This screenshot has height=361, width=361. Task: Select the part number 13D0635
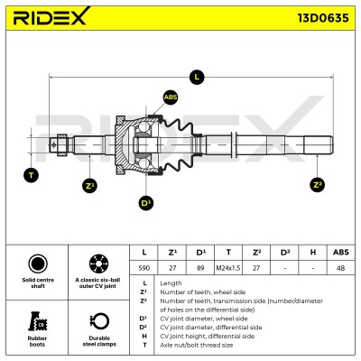(x=323, y=18)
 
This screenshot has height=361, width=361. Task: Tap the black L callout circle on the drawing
(x=197, y=78)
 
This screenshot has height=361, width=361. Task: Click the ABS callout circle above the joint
(x=171, y=97)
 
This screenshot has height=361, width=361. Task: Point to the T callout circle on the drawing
(x=31, y=175)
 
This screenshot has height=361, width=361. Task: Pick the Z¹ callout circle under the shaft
(x=89, y=186)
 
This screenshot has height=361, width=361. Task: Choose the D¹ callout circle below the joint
(x=146, y=203)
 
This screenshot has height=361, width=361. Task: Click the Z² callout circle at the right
(x=317, y=184)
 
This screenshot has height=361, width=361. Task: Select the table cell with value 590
(x=143, y=268)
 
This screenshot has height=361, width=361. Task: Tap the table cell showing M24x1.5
(x=228, y=268)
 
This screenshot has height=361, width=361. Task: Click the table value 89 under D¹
(x=200, y=268)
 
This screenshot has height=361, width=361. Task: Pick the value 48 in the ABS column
(x=341, y=268)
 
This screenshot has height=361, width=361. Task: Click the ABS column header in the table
(x=341, y=253)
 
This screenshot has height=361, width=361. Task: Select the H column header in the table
(x=313, y=253)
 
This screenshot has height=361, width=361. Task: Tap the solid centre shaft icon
(x=38, y=264)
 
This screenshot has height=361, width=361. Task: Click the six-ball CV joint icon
(x=98, y=264)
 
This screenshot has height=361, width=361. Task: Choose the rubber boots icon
(x=38, y=321)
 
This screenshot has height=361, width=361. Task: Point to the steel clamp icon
(x=99, y=321)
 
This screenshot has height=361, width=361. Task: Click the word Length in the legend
(x=171, y=283)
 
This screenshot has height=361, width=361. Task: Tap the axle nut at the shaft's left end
(x=62, y=145)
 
